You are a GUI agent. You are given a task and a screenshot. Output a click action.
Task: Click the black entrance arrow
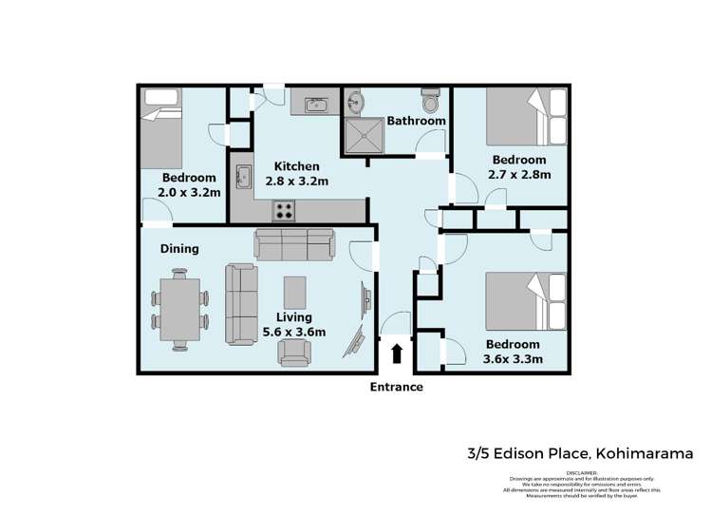[x=397, y=354]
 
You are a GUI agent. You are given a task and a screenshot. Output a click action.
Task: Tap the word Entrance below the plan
[x=397, y=387]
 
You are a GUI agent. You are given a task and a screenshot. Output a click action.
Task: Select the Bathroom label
[x=416, y=121]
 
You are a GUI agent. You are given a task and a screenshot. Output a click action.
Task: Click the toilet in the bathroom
[x=431, y=101]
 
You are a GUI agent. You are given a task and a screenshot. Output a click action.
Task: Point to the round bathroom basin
[x=355, y=102]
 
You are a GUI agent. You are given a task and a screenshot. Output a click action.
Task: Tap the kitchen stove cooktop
[x=285, y=210]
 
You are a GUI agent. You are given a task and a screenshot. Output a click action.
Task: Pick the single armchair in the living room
[x=294, y=354]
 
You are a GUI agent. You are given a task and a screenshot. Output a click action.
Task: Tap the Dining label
[x=178, y=249]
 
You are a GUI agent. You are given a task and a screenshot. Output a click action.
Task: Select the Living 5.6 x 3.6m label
[x=294, y=325]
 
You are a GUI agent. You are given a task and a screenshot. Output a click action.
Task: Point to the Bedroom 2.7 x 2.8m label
[x=518, y=167]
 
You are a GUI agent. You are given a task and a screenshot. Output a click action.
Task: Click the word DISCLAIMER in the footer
[x=583, y=472]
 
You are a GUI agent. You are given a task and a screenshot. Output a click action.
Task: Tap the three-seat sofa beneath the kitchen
[x=294, y=244]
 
